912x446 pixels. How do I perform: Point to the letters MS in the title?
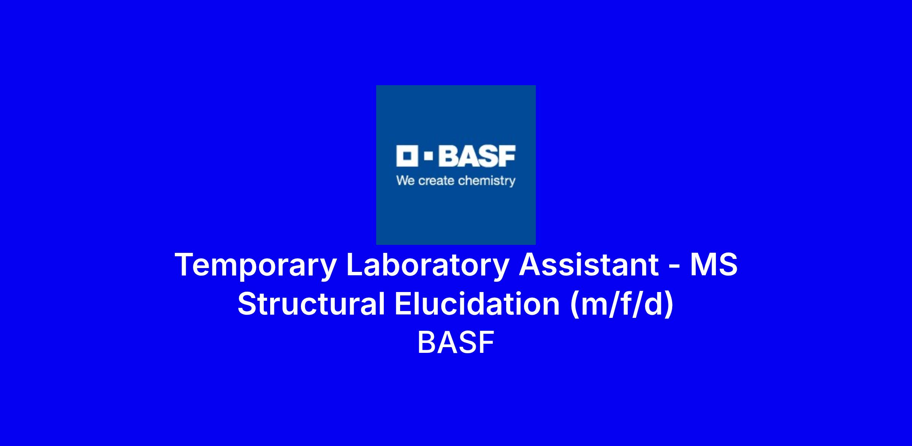(x=714, y=264)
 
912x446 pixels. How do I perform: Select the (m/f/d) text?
(x=622, y=305)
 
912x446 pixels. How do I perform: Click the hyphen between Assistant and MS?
(x=674, y=267)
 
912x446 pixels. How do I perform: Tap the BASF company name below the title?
(x=456, y=342)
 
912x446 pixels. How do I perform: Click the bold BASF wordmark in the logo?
(x=477, y=156)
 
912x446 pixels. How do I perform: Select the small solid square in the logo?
(x=428, y=156)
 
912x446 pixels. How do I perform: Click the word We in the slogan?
(x=405, y=181)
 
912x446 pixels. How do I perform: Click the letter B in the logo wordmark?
(x=448, y=156)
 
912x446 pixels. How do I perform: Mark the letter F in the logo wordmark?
(x=507, y=156)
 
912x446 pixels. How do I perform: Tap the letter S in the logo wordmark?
(x=488, y=156)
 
